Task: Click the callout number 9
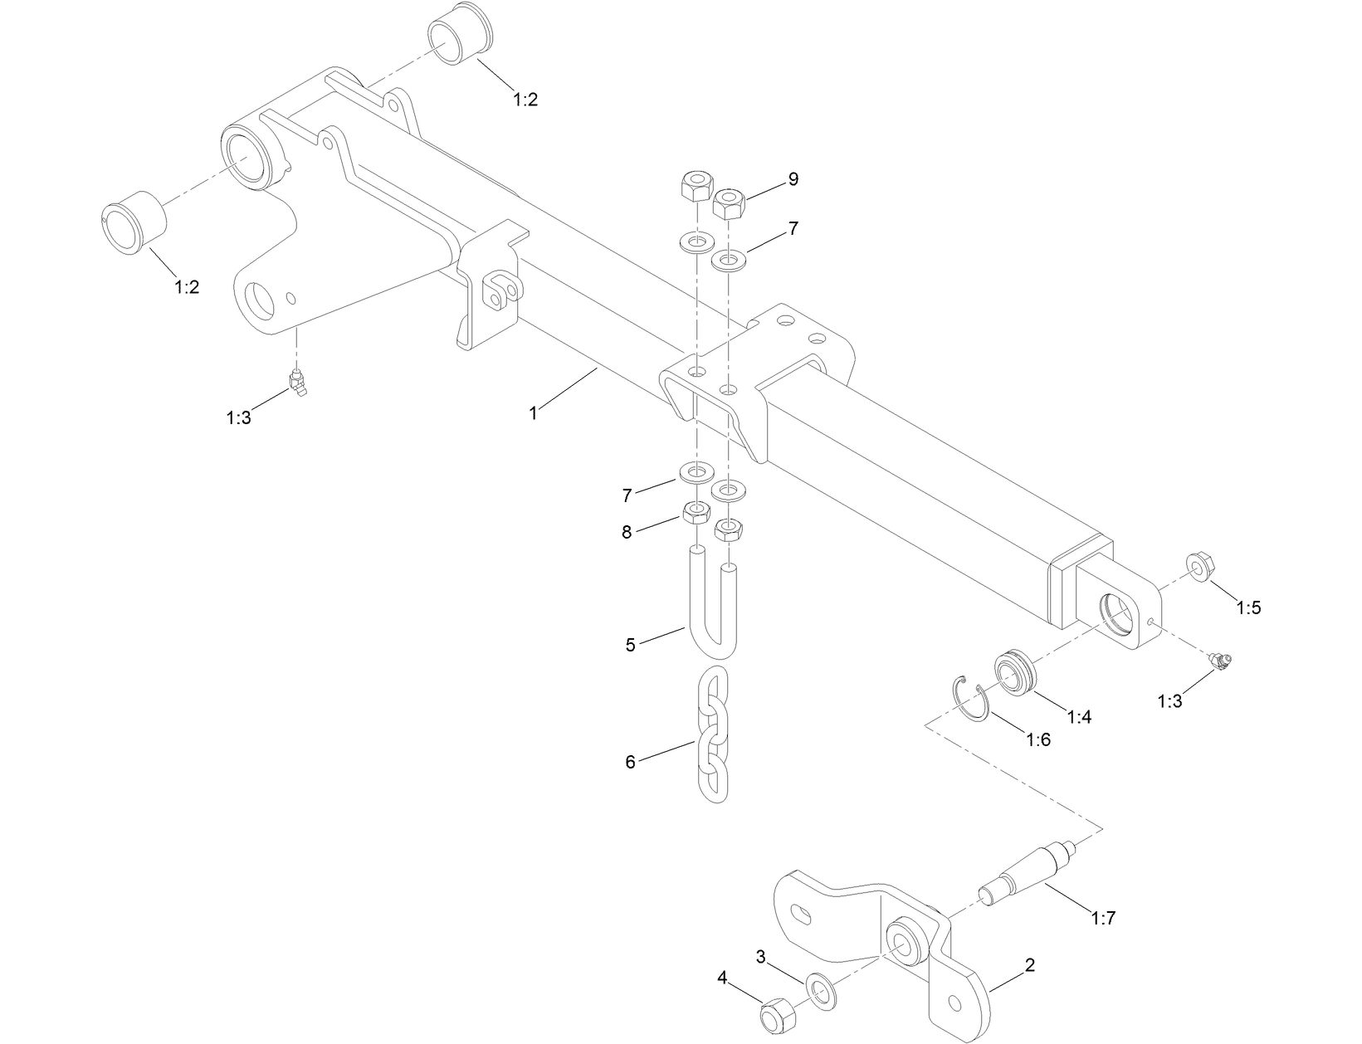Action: tap(793, 179)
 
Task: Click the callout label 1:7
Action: tap(1103, 918)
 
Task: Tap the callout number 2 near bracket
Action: tap(1030, 965)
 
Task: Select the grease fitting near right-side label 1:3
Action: tap(1221, 661)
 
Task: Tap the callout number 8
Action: tap(627, 532)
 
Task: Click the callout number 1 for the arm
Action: tap(534, 412)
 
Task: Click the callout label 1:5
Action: tap(1247, 607)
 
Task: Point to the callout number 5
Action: tap(630, 645)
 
